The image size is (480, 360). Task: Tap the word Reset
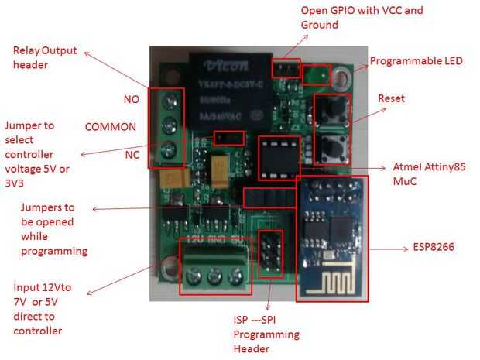[x=391, y=98]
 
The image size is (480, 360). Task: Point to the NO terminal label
[x=131, y=99]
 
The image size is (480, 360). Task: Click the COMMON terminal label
[x=110, y=126]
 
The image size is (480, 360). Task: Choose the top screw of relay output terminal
[x=170, y=100]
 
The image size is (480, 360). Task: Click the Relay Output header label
[x=46, y=58]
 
